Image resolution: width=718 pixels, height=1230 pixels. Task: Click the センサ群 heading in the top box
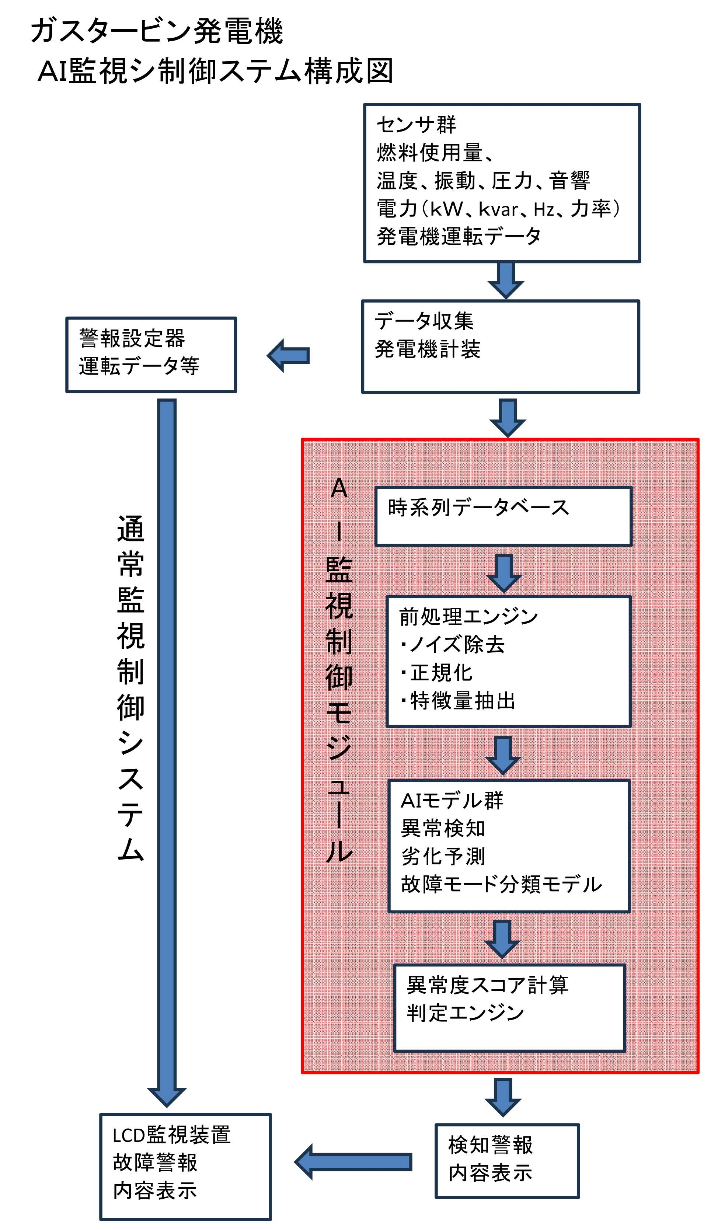click(x=416, y=125)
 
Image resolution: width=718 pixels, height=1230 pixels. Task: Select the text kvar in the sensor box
click(x=498, y=209)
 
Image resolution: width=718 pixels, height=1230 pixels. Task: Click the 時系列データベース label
click(x=478, y=508)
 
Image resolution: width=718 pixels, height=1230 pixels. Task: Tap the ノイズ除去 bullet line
click(x=453, y=645)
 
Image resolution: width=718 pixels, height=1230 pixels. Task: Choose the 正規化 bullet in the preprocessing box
click(x=437, y=673)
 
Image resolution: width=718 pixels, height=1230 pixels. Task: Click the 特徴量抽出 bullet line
click(x=458, y=701)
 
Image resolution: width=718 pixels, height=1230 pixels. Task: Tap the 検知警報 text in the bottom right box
click(x=490, y=1145)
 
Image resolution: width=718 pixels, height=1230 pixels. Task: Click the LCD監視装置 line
click(x=171, y=1135)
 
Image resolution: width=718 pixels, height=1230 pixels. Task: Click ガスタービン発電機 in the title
click(x=157, y=31)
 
